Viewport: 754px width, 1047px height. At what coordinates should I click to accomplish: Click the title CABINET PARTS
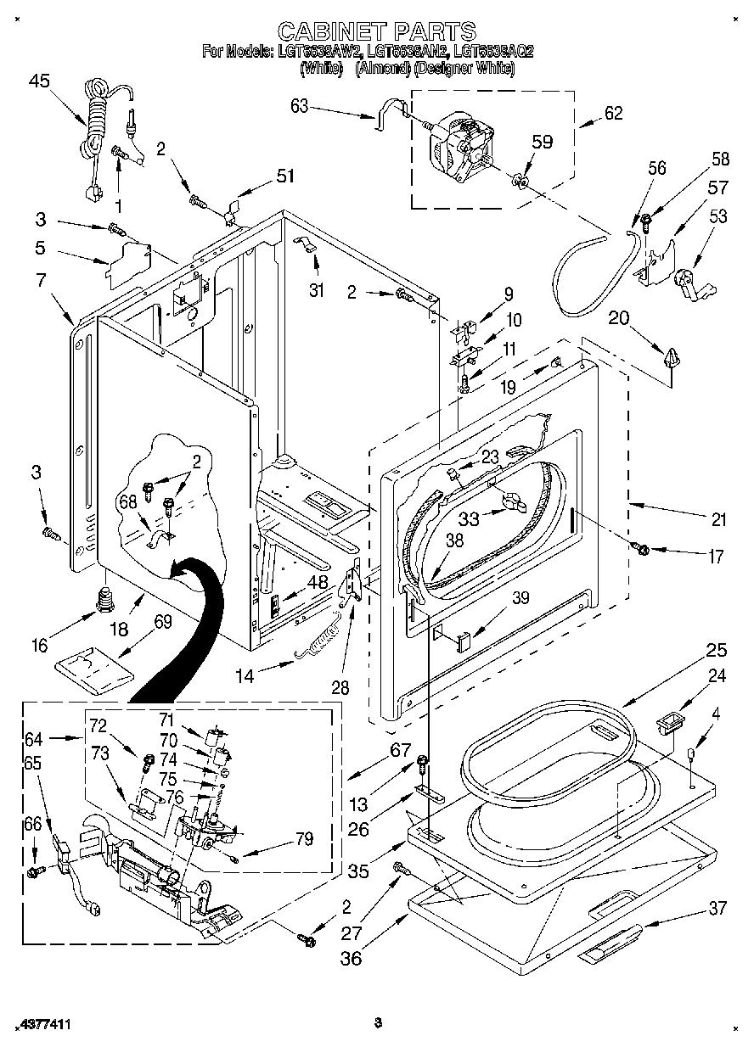click(x=377, y=31)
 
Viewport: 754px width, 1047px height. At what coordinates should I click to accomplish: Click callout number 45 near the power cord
click(x=39, y=81)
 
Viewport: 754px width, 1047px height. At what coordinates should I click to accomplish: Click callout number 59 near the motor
click(x=541, y=141)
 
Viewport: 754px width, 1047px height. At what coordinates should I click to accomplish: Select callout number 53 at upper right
click(x=717, y=217)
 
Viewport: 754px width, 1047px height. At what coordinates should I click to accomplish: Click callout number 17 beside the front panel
click(x=715, y=557)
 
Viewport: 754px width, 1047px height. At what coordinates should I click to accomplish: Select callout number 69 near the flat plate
click(x=161, y=622)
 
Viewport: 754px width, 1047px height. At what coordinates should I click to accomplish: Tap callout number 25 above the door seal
click(x=717, y=651)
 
